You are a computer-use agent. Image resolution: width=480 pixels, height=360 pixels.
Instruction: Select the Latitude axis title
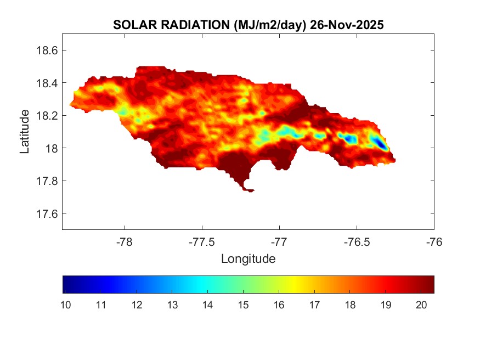(25, 131)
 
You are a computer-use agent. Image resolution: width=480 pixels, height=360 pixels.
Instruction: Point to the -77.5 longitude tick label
(202, 241)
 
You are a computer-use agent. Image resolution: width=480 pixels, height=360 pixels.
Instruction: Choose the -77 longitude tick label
(279, 241)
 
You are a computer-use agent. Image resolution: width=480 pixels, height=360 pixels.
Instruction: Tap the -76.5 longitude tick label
(357, 241)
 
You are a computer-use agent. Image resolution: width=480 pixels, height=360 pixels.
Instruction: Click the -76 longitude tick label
(434, 241)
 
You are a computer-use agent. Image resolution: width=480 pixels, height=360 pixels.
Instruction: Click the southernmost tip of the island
(250, 191)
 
